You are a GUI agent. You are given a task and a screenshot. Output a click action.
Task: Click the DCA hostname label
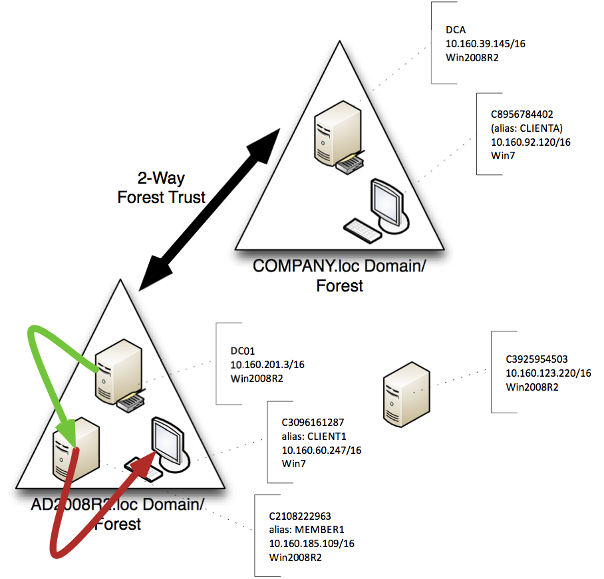coord(456,31)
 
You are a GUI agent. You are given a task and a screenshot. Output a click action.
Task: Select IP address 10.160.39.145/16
coord(486,44)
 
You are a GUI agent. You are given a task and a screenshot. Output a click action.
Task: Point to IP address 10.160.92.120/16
coord(531,142)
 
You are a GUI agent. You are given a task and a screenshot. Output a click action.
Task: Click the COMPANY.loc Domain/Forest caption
coord(339,276)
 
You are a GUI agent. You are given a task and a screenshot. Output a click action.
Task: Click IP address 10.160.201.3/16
coord(267,365)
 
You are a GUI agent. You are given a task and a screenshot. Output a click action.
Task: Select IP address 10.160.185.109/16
coord(311,544)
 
